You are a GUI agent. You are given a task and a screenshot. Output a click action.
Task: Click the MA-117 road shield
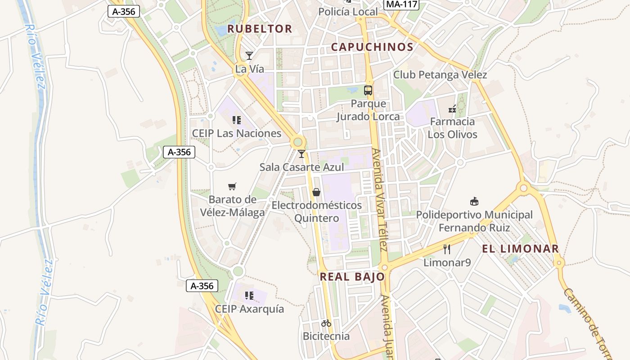[401, 4]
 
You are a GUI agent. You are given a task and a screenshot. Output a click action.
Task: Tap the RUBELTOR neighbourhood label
[260, 29]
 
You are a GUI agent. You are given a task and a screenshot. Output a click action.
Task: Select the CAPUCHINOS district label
[372, 47]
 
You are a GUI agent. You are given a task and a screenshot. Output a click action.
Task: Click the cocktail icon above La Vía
[249, 56]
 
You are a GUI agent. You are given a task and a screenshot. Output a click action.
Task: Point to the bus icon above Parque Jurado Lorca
[368, 90]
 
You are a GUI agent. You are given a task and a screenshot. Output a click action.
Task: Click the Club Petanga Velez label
[440, 75]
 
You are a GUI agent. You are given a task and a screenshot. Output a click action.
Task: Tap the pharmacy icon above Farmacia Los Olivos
[452, 108]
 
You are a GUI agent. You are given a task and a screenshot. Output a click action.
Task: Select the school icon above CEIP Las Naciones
[237, 120]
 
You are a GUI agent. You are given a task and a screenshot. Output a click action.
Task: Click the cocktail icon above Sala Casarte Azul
[301, 154]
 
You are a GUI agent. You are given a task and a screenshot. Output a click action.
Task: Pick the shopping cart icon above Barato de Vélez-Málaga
[232, 186]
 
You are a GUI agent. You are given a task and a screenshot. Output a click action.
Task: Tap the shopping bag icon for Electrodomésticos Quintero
[316, 192]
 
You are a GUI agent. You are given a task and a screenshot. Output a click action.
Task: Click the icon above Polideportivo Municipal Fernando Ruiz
[474, 201]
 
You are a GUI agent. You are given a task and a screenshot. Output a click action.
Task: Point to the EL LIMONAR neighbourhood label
[520, 248]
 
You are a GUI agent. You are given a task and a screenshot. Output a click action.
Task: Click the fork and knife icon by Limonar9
[447, 249]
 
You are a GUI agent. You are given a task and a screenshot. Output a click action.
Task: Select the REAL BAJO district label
[352, 277]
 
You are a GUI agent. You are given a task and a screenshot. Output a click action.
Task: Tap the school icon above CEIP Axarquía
[249, 296]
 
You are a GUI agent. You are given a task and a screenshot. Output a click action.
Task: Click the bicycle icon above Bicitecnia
[326, 323]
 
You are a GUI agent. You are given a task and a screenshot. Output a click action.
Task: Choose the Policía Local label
[348, 12]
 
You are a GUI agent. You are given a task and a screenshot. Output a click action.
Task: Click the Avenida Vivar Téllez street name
[380, 200]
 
